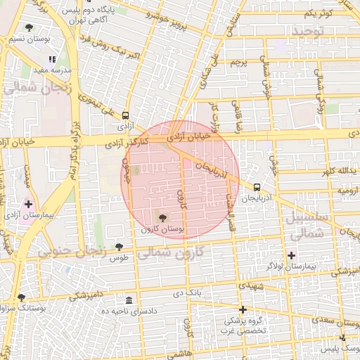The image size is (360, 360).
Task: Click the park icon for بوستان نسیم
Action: (x=28, y=28)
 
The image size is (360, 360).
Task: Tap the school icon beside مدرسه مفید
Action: (x=52, y=59)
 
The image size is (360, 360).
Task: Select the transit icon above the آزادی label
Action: (x=125, y=115)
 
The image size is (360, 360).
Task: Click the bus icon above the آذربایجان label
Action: (x=257, y=188)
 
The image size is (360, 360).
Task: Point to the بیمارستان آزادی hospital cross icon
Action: (x=28, y=205)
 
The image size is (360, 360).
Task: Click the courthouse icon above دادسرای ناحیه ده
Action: (x=128, y=300)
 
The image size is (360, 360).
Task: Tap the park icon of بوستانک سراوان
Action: (x=21, y=297)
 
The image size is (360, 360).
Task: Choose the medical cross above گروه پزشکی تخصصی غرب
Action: (x=243, y=309)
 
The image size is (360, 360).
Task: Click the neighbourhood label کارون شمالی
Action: (x=169, y=252)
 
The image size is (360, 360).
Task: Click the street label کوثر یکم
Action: (x=317, y=13)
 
